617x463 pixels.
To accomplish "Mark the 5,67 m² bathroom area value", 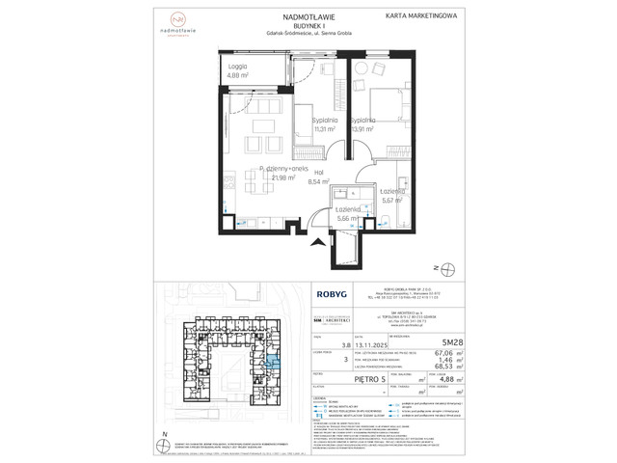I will (391, 201).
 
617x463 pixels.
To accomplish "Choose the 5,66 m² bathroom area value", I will (347, 219).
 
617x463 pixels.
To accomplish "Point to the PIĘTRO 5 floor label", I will (340, 381).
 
